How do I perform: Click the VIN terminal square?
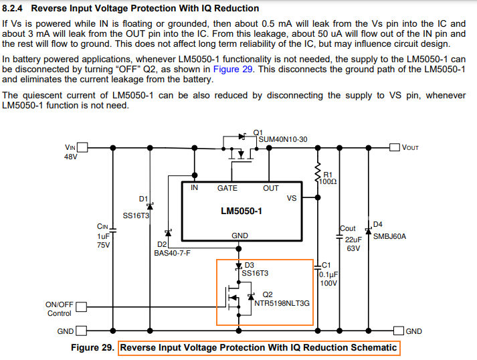tap(84, 147)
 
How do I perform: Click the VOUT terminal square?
tap(395, 147)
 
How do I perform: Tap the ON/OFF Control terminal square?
tap(82, 307)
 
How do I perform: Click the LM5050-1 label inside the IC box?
tap(242, 211)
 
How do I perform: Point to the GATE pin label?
tap(227, 188)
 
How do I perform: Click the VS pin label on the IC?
tap(291, 198)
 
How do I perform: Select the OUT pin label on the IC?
tap(270, 188)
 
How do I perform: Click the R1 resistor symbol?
tap(316, 172)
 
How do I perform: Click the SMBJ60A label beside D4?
tap(389, 236)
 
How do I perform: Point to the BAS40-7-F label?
tap(173, 254)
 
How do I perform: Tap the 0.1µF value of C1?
tap(328, 274)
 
